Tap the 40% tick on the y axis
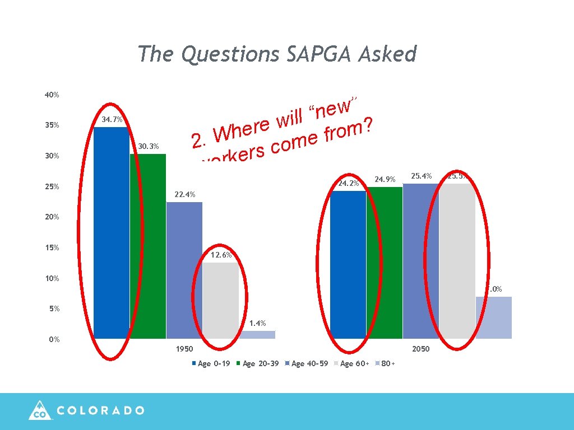[52, 95]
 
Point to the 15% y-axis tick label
[52, 248]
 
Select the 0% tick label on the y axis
[54, 339]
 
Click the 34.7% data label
[112, 119]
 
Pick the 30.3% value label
[149, 146]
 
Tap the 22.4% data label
[184, 195]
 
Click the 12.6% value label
[221, 255]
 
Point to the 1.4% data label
[257, 323]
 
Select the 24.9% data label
[385, 180]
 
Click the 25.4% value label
[421, 176]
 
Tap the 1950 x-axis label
[184, 349]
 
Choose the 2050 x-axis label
[421, 349]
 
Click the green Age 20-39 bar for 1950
[148, 246]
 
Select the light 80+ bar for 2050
[493, 317]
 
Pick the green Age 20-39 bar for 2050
[385, 263]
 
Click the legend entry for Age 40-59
[306, 364]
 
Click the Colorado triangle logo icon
[40, 410]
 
